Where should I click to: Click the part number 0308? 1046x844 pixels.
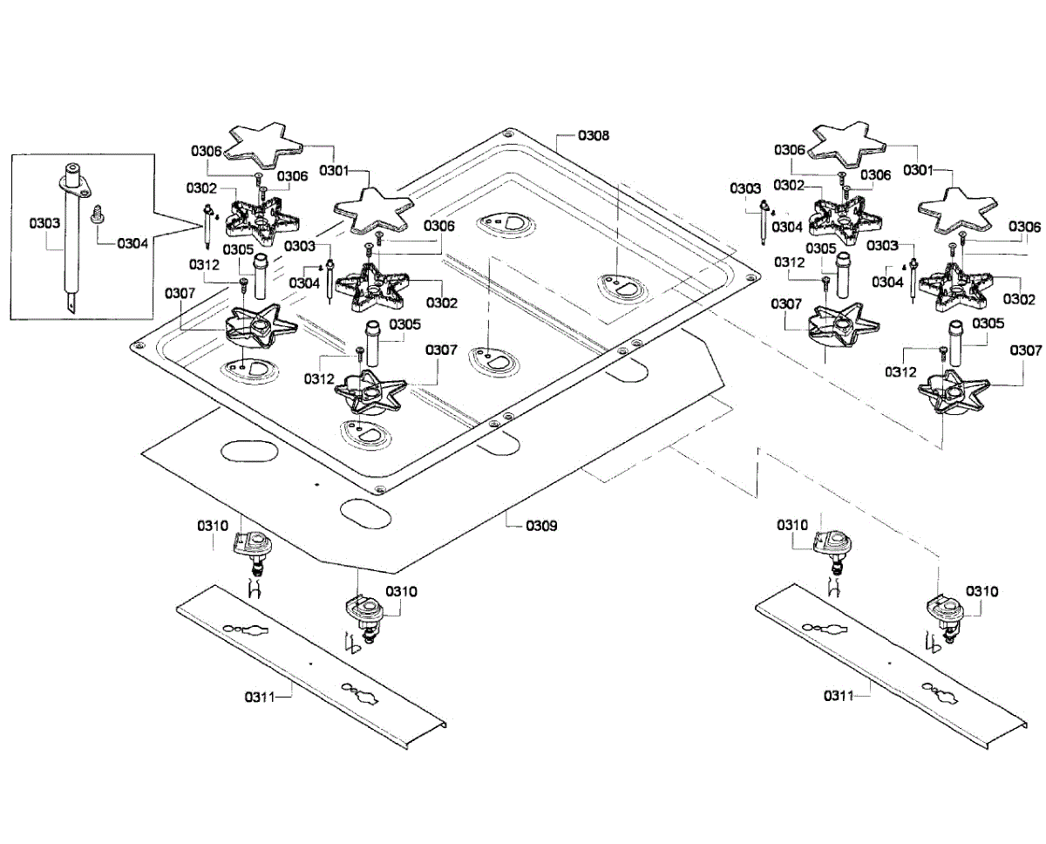593,135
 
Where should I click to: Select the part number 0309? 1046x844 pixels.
541,526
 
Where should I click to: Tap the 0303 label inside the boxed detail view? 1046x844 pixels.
44,223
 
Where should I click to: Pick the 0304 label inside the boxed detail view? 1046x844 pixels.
132,243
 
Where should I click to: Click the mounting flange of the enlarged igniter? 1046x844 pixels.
75,187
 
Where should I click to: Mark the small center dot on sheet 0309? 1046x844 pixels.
316,484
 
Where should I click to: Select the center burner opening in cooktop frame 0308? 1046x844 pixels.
494,360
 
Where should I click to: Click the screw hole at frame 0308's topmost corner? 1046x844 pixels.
508,133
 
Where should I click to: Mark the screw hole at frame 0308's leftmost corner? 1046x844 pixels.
139,345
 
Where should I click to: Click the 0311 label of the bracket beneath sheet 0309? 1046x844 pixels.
260,698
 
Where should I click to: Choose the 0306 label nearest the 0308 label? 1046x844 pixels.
439,226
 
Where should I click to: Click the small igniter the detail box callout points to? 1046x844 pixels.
208,227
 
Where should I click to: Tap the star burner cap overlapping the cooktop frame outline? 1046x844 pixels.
374,210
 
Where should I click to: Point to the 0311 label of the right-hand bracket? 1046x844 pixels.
839,696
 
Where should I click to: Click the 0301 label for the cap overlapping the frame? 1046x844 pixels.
335,171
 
